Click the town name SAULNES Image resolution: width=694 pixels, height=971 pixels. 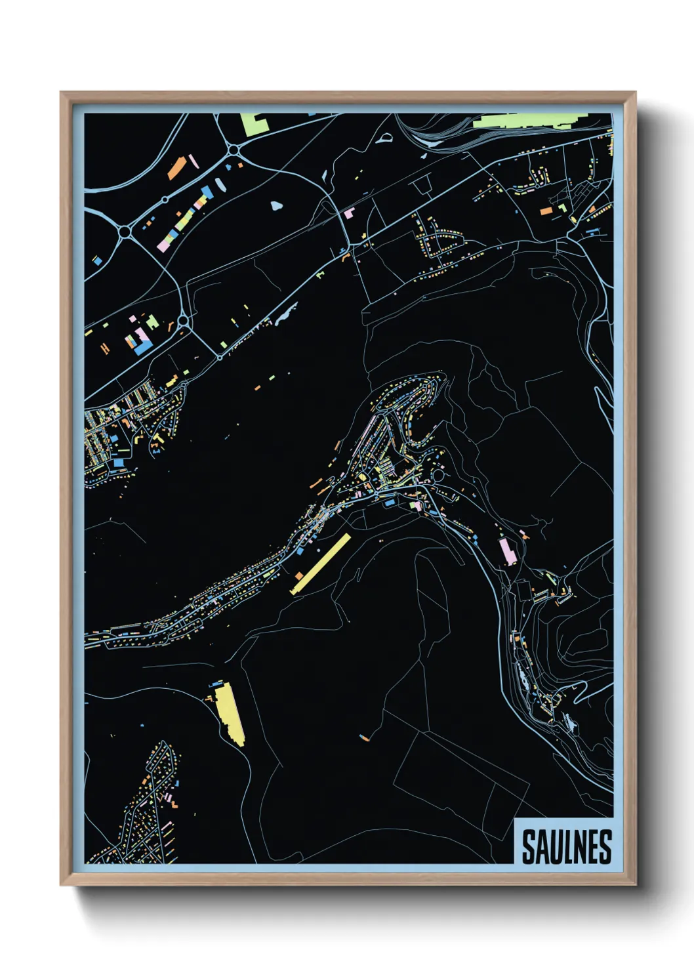pos(567,847)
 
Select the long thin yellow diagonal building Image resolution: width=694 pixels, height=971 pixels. pos(321,564)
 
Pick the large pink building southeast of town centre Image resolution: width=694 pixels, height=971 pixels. pos(506,550)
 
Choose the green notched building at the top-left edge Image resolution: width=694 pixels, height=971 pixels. pos(253,123)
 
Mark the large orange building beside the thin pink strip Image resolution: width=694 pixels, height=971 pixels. pos(176,169)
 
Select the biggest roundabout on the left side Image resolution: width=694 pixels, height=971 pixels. pos(125,232)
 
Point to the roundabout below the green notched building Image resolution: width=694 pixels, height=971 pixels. pos(234,152)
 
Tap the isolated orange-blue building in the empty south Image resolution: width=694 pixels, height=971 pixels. pos(364,738)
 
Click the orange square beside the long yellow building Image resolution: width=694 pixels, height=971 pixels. pos(299,575)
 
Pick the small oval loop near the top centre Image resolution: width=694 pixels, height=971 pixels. pos(384,138)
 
